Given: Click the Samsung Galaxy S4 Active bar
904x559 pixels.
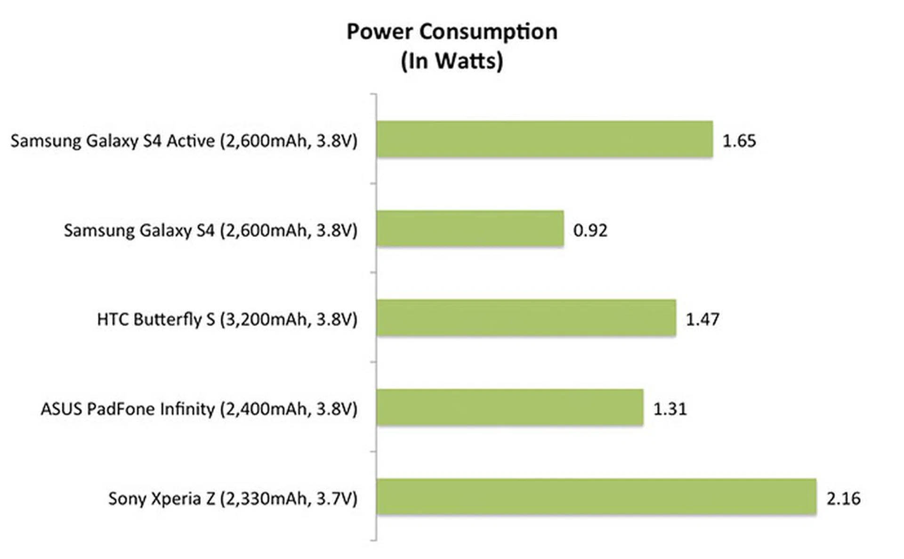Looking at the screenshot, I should click(x=544, y=139).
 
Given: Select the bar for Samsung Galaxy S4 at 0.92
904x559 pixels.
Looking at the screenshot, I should click(x=470, y=228).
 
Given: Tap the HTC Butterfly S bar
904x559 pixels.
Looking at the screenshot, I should click(x=526, y=318).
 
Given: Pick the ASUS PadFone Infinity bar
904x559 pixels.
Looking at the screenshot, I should click(x=510, y=407).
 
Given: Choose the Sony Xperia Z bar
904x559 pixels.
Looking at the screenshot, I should click(x=596, y=497).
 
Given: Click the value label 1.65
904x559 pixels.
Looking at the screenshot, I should click(x=739, y=141).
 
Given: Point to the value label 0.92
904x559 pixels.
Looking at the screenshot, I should click(x=590, y=230).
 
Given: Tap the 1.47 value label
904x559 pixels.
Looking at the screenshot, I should click(x=702, y=319).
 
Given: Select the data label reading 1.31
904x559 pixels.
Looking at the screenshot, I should click(x=670, y=409).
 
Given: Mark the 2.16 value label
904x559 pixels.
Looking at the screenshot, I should click(x=843, y=498).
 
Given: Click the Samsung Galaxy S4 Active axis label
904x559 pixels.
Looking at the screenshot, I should click(x=184, y=141).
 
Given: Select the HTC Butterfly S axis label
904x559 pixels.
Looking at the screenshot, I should click(x=227, y=319).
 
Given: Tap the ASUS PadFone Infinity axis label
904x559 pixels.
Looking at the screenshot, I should click(x=199, y=409).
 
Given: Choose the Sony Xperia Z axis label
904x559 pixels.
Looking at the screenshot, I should click(x=233, y=498).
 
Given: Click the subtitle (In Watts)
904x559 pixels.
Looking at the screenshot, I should click(x=452, y=61).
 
